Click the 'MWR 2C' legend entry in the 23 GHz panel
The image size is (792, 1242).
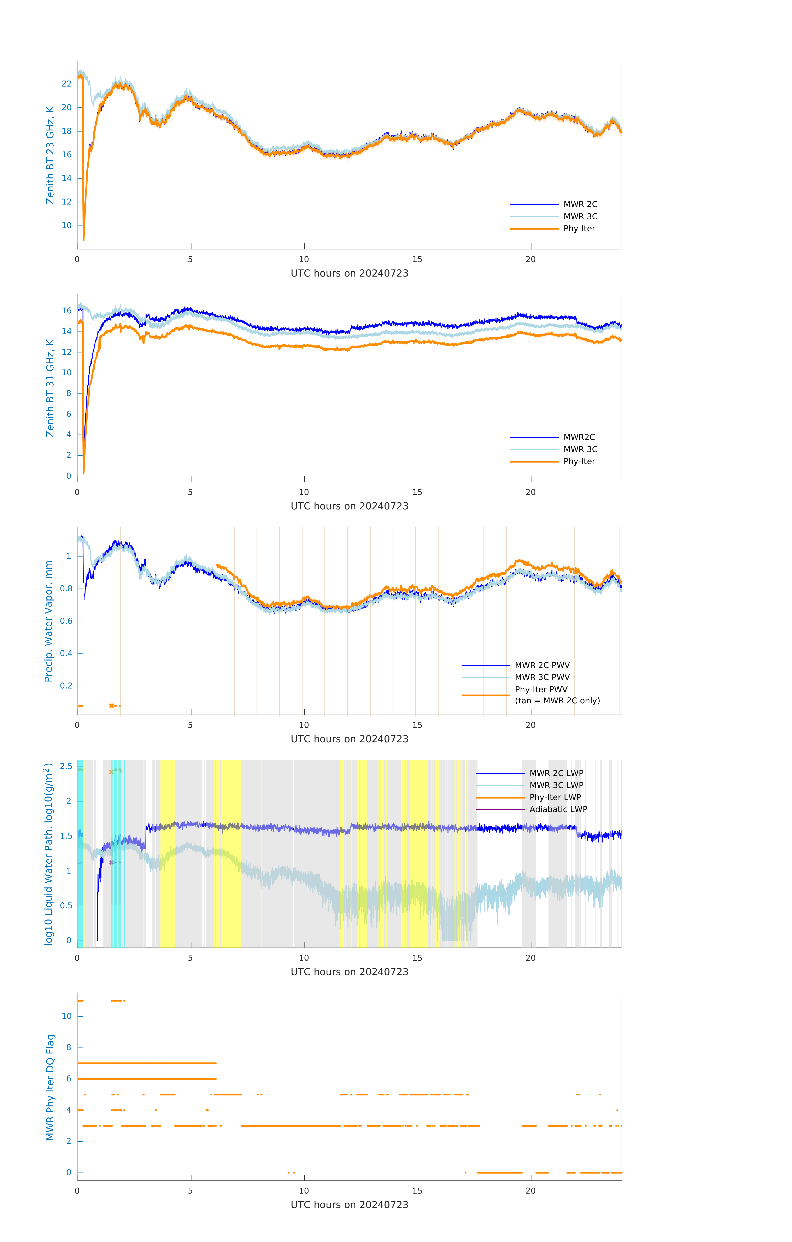coord(580,204)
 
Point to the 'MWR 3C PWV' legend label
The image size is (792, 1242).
coord(542,677)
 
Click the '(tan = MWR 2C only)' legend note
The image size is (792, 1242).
coord(557,700)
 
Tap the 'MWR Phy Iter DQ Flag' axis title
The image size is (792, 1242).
coord(50,1087)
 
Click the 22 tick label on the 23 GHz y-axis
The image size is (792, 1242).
coord(66,84)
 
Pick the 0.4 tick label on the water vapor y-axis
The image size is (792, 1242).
coord(66,653)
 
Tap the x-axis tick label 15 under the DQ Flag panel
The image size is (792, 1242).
coord(417,1191)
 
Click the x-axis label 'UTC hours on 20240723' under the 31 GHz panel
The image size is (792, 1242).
coord(349,506)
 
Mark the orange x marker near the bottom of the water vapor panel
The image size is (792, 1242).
coord(111,706)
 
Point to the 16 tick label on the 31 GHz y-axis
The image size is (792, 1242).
coord(66,310)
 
